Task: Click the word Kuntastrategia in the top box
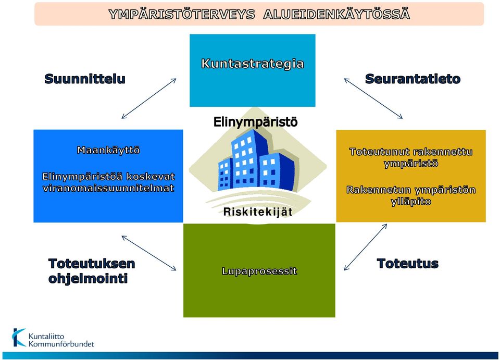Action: (253, 64)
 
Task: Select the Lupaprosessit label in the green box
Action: (259, 271)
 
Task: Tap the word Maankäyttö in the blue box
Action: (108, 150)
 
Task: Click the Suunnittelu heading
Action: (85, 79)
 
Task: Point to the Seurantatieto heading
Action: (413, 79)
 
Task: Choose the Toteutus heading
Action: (407, 264)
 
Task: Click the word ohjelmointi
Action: (88, 278)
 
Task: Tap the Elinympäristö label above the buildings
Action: (255, 122)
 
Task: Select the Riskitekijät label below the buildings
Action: (258, 212)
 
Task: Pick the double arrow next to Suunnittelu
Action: (149, 98)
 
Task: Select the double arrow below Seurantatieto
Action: (373, 98)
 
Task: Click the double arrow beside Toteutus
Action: (366, 247)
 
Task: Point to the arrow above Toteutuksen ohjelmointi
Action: (149, 253)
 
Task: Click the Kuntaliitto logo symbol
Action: (19, 338)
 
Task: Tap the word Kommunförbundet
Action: (61, 344)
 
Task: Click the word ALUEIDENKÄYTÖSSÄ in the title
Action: (337, 15)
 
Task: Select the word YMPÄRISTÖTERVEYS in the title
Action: (182, 15)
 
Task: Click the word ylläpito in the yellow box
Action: (411, 202)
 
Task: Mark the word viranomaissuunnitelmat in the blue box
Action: (108, 188)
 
